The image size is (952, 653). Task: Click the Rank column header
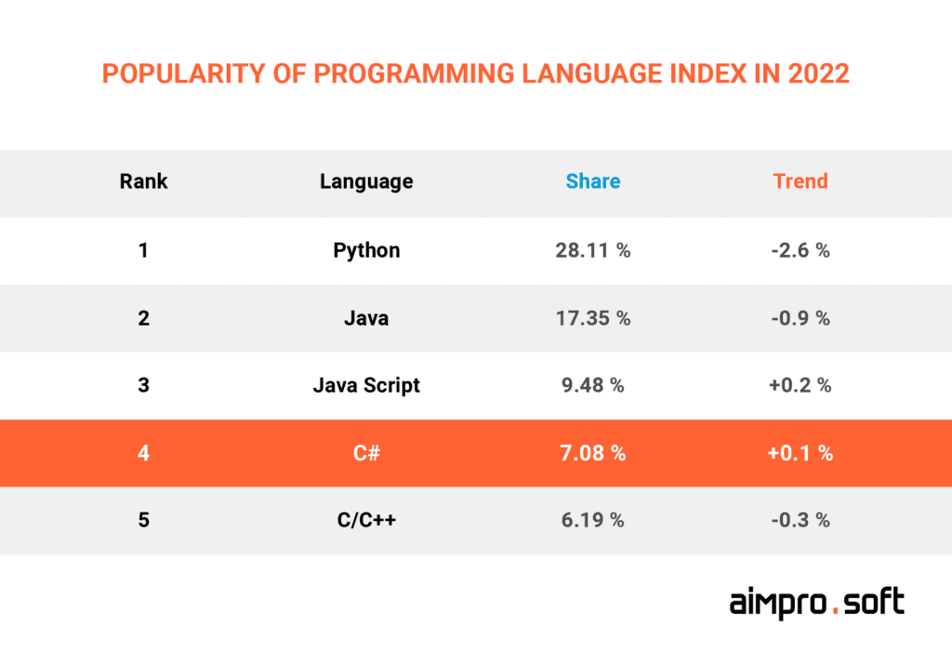point(143,181)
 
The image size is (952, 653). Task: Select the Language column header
point(366,181)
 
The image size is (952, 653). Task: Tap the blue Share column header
point(593,181)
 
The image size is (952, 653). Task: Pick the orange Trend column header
point(800,181)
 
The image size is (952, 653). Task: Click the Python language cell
point(366,250)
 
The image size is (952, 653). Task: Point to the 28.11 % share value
point(593,250)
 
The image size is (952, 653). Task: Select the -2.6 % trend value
point(800,250)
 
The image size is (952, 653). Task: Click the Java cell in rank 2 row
point(366,318)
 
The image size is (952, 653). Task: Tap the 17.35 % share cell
point(593,318)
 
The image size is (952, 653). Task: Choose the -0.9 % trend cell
point(800,318)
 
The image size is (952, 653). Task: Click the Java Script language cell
point(366,385)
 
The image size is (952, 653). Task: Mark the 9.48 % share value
point(593,385)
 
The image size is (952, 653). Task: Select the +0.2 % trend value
point(800,385)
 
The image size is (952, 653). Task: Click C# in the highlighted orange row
point(366,453)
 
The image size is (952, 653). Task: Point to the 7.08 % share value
point(593,453)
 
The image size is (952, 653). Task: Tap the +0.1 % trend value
point(800,453)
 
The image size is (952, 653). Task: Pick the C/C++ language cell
point(366,520)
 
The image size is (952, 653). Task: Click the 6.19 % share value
point(593,520)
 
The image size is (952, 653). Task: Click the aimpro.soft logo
point(816,603)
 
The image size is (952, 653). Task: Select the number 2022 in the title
point(818,73)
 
